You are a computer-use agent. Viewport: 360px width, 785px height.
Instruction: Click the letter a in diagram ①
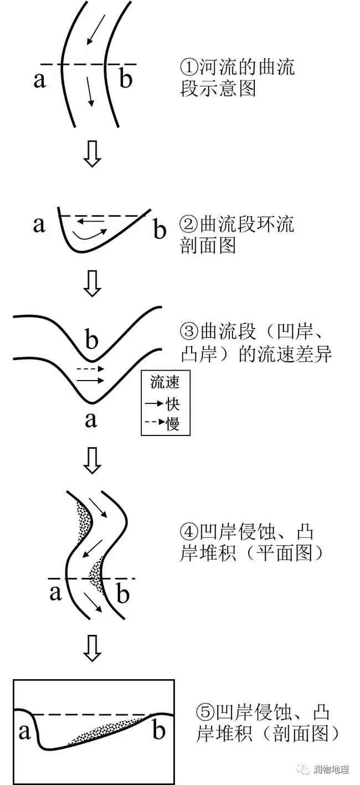(39, 80)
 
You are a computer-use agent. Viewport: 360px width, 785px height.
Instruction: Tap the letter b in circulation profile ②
(160, 229)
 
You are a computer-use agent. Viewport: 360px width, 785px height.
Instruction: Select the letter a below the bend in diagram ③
(91, 419)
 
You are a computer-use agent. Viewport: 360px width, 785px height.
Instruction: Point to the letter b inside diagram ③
(92, 338)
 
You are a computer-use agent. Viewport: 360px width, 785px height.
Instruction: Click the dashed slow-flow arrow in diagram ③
(90, 368)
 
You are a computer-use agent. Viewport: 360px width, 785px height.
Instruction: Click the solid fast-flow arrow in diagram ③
(90, 380)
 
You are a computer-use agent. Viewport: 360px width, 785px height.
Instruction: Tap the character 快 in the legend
(173, 404)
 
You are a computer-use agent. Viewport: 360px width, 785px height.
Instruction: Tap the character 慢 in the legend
(173, 423)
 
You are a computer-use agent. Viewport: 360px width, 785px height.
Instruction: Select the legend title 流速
(165, 382)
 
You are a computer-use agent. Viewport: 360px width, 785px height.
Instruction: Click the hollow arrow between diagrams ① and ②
(92, 154)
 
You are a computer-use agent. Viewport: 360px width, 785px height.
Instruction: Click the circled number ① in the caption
(189, 66)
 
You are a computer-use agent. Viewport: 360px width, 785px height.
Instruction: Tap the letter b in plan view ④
(122, 594)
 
